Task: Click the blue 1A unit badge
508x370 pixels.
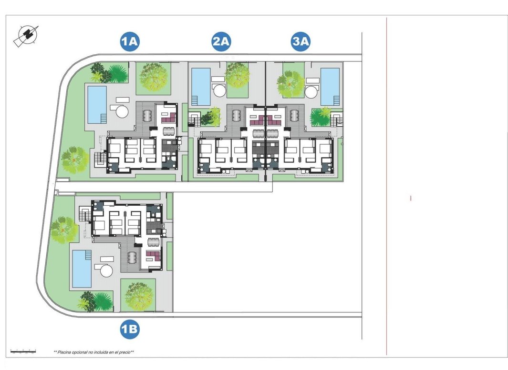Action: tap(129, 42)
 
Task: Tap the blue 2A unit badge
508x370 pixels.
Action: tap(221, 42)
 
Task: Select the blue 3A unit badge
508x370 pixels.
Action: tap(301, 42)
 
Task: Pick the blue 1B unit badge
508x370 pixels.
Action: tap(129, 330)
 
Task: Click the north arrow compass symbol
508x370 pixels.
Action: tap(26, 36)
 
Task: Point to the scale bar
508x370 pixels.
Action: tap(23, 351)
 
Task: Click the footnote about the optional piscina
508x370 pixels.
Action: tap(93, 352)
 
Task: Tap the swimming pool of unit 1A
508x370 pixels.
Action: tap(97, 103)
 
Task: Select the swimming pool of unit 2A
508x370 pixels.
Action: tap(201, 86)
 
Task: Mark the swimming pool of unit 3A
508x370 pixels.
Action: tap(330, 86)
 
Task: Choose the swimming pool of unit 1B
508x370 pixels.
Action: tap(82, 269)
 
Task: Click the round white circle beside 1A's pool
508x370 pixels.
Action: tap(122, 111)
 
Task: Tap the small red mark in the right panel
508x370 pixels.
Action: tap(411, 198)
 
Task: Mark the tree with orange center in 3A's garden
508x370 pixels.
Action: tap(290, 84)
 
